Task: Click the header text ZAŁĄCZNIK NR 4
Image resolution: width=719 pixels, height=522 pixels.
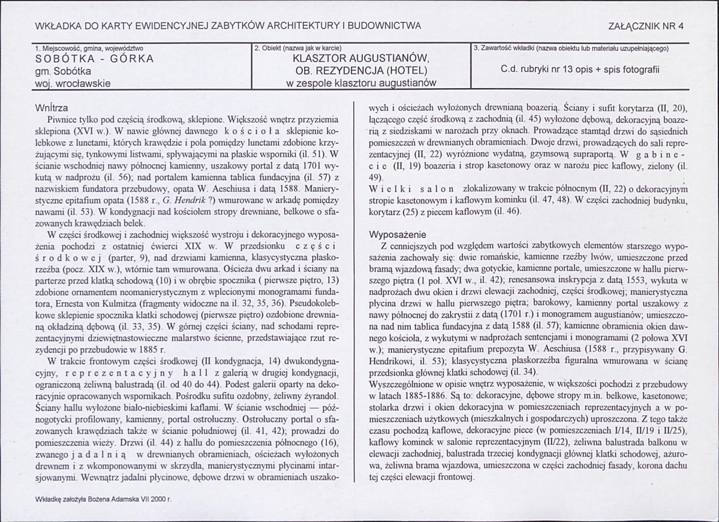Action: click(646, 26)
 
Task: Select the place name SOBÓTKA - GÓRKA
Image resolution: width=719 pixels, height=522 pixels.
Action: click(95, 59)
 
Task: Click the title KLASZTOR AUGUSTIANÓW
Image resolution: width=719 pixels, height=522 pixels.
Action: click(360, 59)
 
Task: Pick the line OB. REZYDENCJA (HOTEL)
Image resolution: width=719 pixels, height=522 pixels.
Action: click(360, 71)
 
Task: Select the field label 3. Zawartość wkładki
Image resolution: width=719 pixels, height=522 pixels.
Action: click(570, 47)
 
